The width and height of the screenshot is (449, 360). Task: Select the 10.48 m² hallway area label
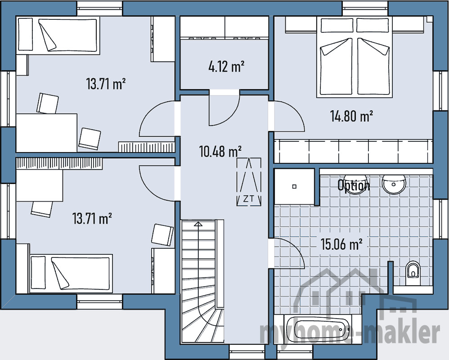[x=220, y=151]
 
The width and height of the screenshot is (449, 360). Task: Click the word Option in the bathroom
[x=354, y=185]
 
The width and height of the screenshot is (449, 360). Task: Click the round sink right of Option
[x=395, y=183]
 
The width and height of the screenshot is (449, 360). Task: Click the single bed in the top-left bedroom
[x=58, y=36]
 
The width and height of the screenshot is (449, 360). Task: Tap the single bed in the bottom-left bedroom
[x=70, y=273]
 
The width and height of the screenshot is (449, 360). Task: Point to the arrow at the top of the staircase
[x=198, y=223]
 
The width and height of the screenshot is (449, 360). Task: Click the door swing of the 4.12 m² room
[x=224, y=111]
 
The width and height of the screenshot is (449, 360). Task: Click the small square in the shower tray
[x=294, y=186]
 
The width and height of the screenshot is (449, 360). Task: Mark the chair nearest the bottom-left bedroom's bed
[x=162, y=234]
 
